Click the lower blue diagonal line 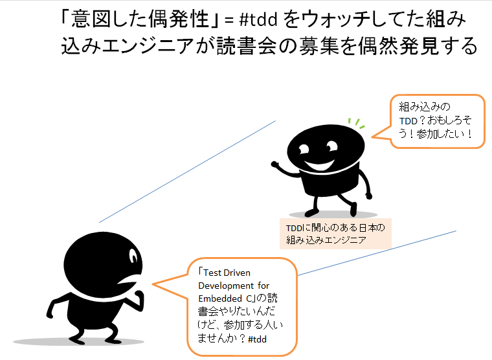point(375,253)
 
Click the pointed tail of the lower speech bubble point(159,284)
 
